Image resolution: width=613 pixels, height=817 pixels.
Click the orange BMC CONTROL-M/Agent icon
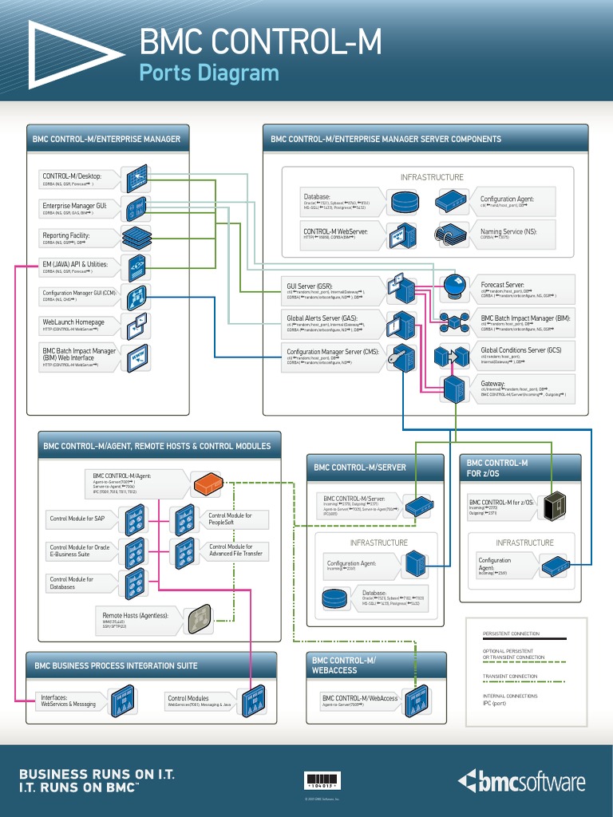(x=208, y=481)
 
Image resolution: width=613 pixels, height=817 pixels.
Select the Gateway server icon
(x=454, y=389)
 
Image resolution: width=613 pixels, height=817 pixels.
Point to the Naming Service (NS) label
(x=508, y=231)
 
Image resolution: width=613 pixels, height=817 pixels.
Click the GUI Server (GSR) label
(x=310, y=285)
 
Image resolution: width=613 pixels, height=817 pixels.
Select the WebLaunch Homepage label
(x=73, y=322)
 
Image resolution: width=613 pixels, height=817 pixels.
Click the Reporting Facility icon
(x=136, y=237)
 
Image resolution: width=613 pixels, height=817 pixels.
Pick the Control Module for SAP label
(x=77, y=519)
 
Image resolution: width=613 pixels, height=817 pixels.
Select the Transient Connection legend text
(x=510, y=676)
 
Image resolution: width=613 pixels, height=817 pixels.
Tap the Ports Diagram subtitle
(x=209, y=73)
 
